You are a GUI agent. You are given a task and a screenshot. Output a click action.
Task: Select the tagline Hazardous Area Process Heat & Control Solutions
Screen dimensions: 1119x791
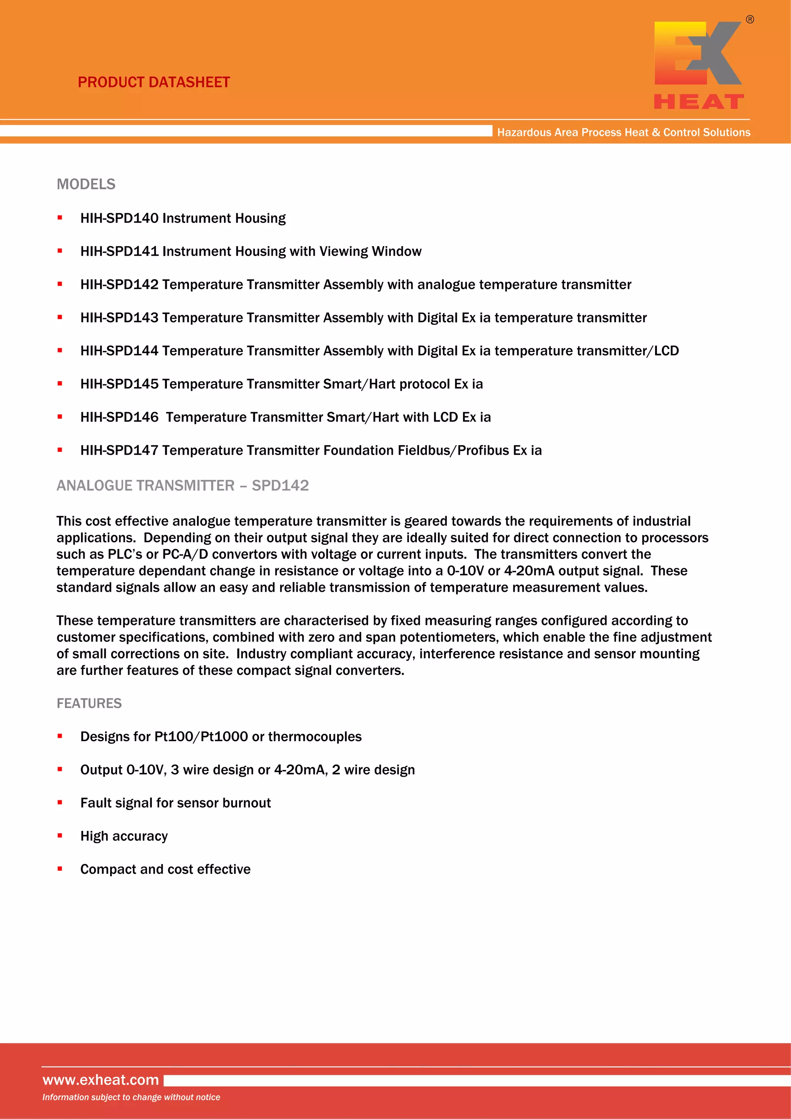[x=623, y=132]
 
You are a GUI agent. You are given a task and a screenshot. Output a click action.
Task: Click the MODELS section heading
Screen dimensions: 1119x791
[x=86, y=184]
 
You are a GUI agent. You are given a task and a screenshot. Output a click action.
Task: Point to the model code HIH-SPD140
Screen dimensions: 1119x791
[x=119, y=218]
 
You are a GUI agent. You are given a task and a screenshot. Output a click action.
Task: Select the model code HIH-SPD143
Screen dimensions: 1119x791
[x=119, y=318]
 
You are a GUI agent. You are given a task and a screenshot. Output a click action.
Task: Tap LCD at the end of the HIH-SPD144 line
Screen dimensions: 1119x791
[x=666, y=351]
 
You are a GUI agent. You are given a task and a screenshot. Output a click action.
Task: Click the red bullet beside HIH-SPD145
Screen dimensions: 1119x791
[x=60, y=384]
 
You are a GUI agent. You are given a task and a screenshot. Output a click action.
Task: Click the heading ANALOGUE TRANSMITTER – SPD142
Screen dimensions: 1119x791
[x=182, y=486]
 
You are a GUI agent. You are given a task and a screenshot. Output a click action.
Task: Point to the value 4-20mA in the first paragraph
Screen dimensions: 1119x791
[x=529, y=571]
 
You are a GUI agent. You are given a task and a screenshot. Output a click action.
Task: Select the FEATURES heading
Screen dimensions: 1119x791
[x=89, y=703]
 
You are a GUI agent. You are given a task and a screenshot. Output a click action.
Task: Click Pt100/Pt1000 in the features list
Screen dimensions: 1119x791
[x=201, y=737]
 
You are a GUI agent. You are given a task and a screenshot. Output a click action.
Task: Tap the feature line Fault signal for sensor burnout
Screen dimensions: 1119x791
[x=175, y=803]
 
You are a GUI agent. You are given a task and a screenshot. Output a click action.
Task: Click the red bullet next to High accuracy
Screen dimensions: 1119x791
[x=60, y=836]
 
